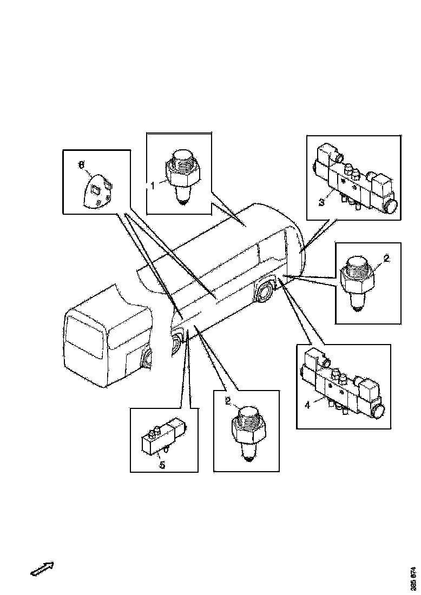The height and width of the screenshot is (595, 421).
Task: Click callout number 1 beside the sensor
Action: click(153, 185)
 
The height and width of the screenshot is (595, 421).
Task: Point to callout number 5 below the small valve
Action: click(161, 464)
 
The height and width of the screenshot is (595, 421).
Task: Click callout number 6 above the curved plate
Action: click(82, 165)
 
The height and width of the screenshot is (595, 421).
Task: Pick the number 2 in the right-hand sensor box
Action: click(386, 259)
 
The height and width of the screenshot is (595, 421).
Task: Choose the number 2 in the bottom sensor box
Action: click(228, 401)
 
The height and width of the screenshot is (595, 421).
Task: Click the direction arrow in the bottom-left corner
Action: click(42, 569)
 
